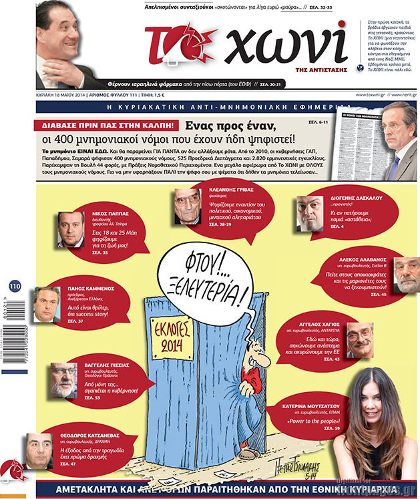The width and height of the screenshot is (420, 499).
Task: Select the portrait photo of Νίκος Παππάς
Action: coord(70,229)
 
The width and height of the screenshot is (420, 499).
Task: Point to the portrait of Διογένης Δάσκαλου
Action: coord(310,213)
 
